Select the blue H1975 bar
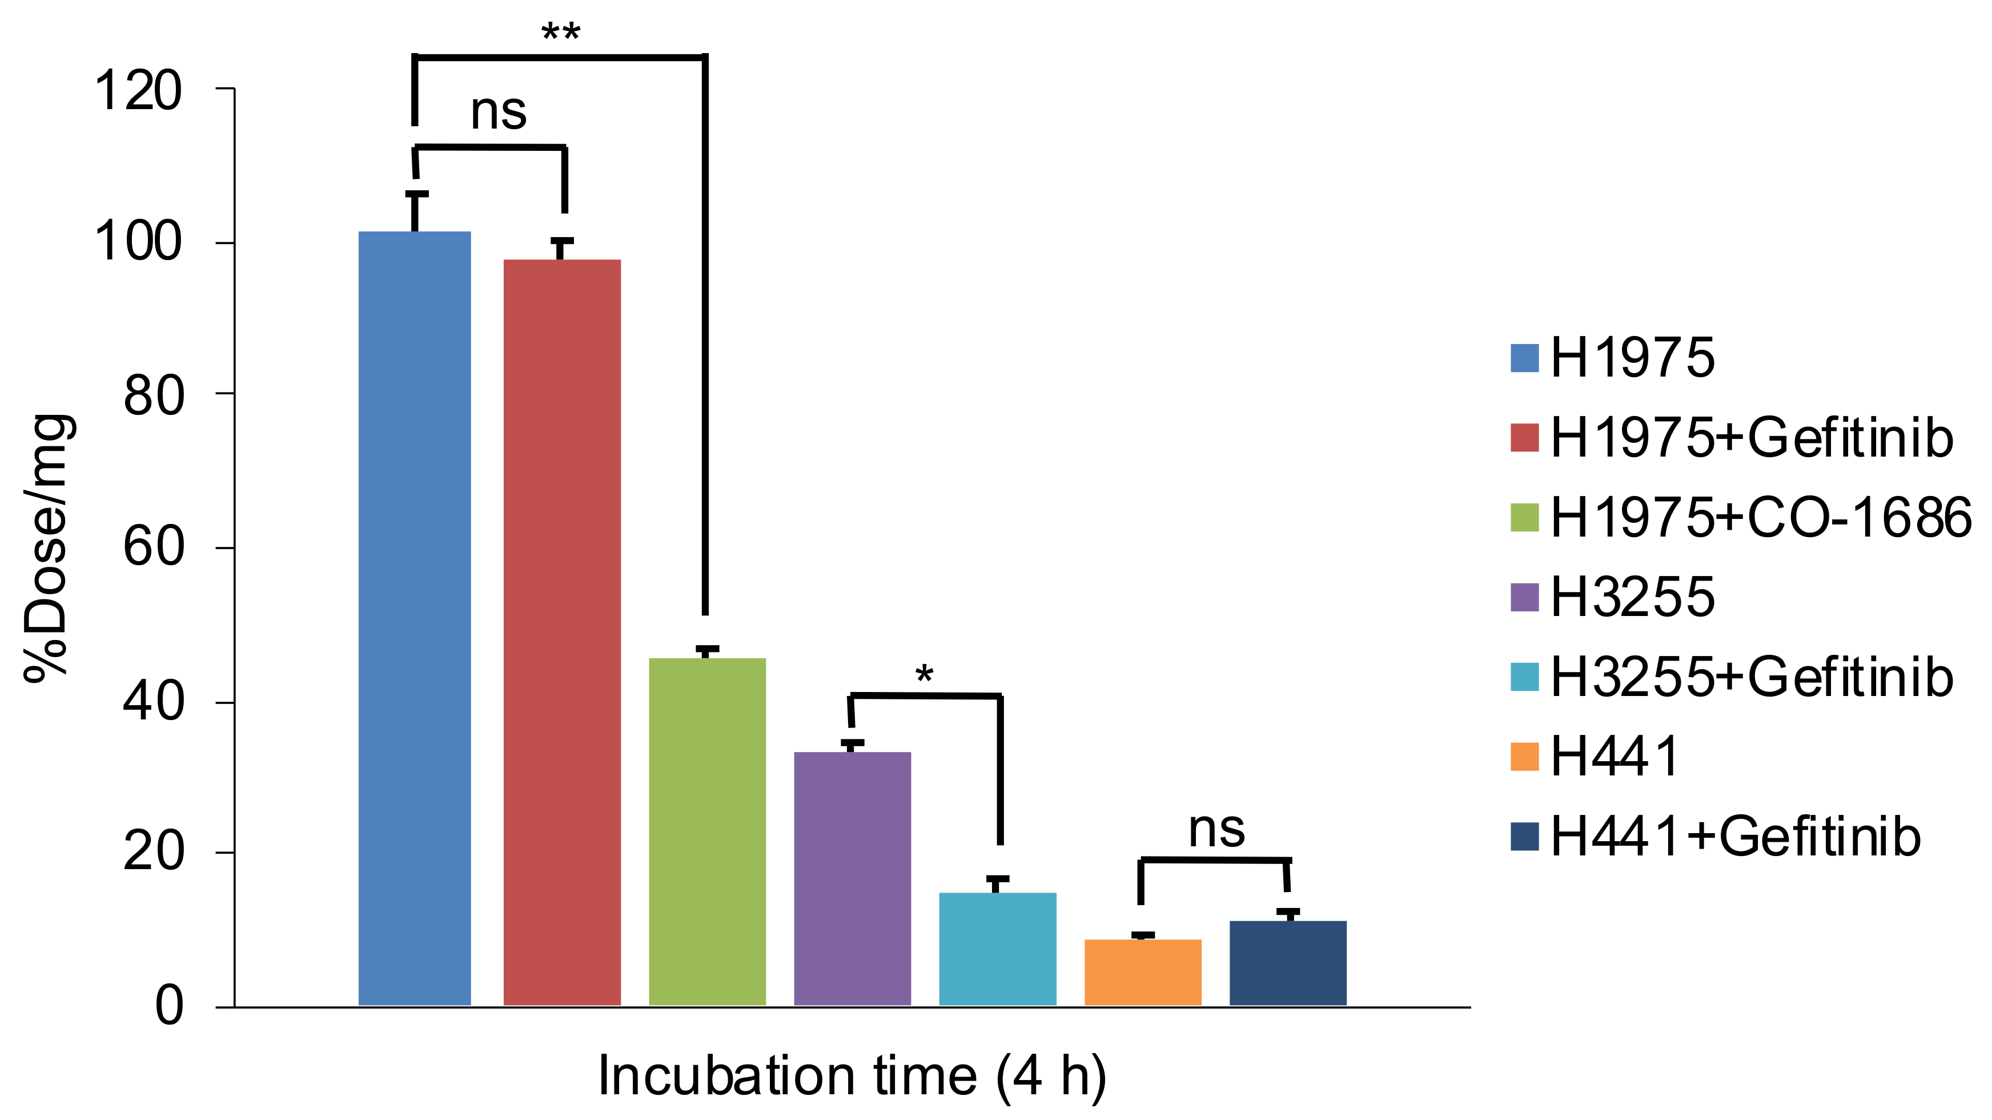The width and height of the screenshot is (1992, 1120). coord(415,619)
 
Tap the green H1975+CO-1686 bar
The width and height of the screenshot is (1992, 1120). coord(707,831)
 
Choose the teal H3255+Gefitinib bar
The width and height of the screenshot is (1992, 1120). coord(998,949)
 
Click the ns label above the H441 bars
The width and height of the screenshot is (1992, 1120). coord(1216,830)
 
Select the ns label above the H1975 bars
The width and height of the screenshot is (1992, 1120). coord(498,112)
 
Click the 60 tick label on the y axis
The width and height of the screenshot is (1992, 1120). coord(153,547)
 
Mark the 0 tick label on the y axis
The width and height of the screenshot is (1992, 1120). coord(170,1006)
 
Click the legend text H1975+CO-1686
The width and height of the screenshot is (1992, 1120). coord(1761,517)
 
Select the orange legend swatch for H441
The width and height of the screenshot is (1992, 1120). coord(1524,757)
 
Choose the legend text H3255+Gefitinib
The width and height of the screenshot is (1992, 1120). coord(1752,677)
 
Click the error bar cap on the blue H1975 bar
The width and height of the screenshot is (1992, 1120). coord(416,194)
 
